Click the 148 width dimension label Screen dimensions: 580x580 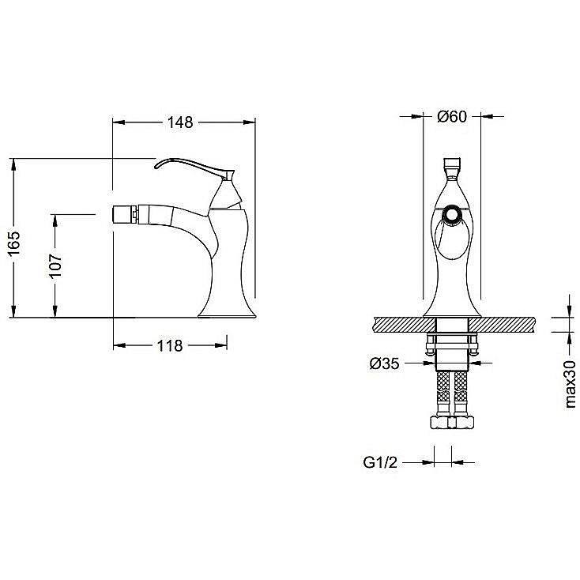pos(180,122)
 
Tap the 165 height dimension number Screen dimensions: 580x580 pos(14,243)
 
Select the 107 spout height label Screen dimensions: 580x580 pos(56,266)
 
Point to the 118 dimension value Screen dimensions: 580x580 pos(170,346)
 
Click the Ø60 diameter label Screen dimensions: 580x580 pos(452,116)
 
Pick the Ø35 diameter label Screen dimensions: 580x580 pos(384,363)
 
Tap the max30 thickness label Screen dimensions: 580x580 pos(570,384)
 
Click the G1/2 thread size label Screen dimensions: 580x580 pos(380,462)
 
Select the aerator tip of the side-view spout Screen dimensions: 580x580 pos(126,214)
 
